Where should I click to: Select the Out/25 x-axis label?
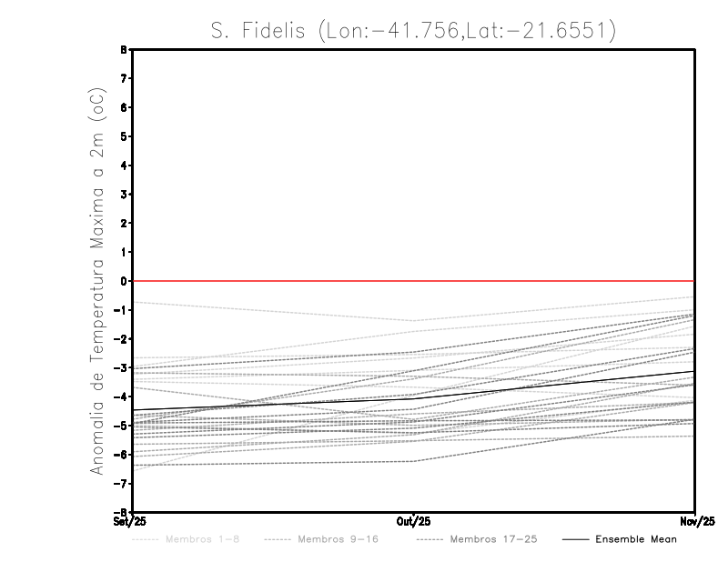[414, 521]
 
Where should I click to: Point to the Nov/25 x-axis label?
[695, 521]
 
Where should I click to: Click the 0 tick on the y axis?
[124, 281]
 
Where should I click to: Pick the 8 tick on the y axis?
[124, 50]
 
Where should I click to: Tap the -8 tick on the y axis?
[122, 512]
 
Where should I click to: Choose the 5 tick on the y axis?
[124, 136]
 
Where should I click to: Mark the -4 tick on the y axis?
[122, 396]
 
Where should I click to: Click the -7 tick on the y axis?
[122, 483]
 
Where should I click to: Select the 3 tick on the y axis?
[124, 195]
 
